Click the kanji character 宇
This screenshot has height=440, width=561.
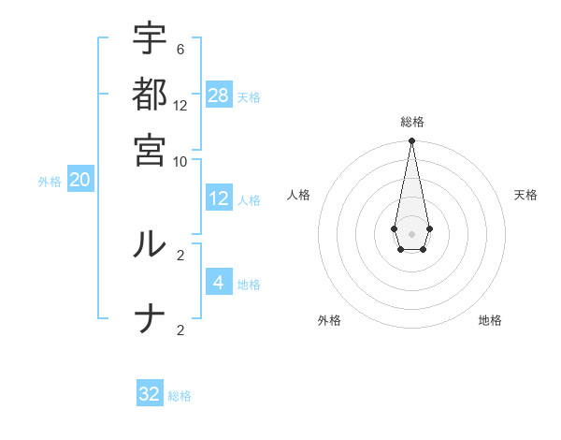(150, 38)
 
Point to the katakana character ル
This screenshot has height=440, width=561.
(150, 243)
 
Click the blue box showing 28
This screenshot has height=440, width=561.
(219, 95)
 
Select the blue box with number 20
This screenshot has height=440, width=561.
(79, 181)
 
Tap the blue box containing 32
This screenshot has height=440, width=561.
(150, 393)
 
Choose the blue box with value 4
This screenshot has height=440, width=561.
(219, 283)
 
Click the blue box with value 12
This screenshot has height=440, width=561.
(219, 198)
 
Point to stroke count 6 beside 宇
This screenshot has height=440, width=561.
(180, 49)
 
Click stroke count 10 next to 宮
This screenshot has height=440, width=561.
(180, 161)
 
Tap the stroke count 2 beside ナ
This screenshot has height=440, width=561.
(180, 330)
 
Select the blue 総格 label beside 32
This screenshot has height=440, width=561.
(180, 396)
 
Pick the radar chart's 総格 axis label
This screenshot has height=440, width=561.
(411, 122)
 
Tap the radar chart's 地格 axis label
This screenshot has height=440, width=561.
(490, 320)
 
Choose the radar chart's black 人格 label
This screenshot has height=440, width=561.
(299, 195)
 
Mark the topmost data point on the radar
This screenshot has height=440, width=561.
(411, 141)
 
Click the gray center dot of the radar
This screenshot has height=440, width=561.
(411, 232)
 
